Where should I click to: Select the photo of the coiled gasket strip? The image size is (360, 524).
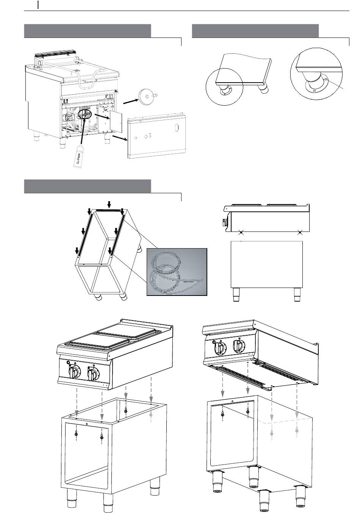click(x=177, y=272)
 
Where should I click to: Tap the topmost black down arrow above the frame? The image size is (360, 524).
click(x=109, y=205)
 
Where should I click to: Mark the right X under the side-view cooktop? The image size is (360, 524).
click(x=300, y=232)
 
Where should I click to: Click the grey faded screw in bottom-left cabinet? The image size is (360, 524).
click(x=151, y=415)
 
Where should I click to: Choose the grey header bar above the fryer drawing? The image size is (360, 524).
click(x=88, y=30)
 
